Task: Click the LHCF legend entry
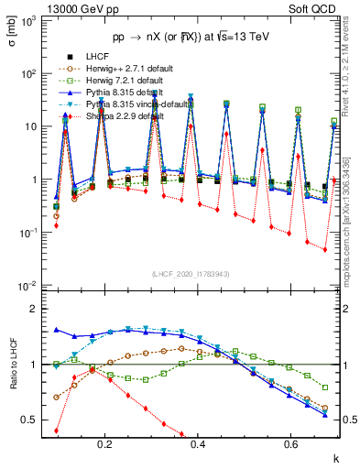(95, 56)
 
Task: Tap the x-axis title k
(336, 458)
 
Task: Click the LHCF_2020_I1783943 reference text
(191, 274)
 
